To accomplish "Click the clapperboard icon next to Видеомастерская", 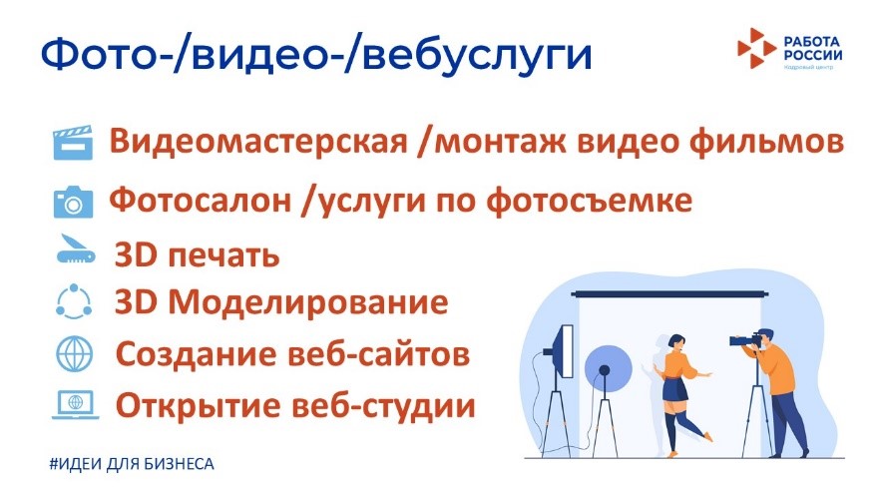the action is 73,143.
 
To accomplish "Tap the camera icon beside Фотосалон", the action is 73,202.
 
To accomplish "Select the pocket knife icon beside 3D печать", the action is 76,249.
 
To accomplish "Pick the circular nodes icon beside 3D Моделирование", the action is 74,301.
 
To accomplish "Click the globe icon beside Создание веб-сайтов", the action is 74,354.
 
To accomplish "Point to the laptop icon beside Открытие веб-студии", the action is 76,404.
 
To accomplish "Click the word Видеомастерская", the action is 258,142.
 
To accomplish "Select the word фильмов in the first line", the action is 766,142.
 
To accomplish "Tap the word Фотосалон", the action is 200,200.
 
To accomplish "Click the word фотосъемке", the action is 590,201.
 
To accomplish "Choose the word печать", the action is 223,255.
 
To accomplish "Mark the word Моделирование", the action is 308,302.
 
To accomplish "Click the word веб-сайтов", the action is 378,354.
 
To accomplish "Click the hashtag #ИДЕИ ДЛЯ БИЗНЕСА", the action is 132,464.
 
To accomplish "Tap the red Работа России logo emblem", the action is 756,49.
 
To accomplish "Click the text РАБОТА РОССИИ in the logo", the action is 813,49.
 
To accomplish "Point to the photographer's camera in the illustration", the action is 745,339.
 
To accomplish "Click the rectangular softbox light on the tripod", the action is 566,351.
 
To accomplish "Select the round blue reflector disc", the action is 608,368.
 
